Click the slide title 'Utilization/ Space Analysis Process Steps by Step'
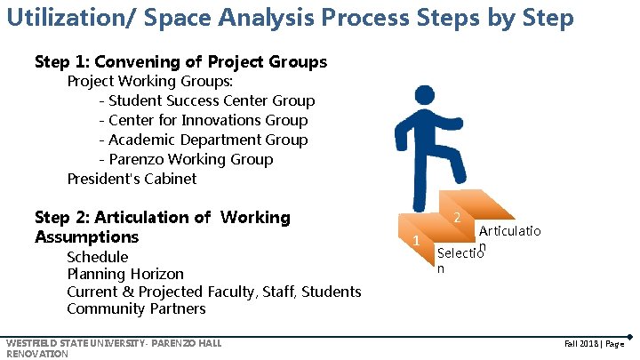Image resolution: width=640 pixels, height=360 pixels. [290, 17]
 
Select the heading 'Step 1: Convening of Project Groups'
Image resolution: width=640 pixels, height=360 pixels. [180, 62]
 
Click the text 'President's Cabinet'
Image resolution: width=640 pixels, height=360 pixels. [132, 179]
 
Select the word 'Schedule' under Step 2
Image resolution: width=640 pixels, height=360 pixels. [98, 258]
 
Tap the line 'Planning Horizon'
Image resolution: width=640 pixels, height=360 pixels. [125, 275]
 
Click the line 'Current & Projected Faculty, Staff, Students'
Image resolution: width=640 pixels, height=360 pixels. [214, 292]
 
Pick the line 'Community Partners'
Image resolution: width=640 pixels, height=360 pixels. [136, 309]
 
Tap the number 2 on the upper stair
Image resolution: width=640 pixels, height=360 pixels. [455, 218]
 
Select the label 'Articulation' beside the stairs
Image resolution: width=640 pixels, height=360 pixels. [509, 233]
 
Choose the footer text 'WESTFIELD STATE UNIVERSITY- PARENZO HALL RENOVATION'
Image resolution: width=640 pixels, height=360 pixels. [113, 348]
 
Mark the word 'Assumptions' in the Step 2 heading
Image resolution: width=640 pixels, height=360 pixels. [87, 237]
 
